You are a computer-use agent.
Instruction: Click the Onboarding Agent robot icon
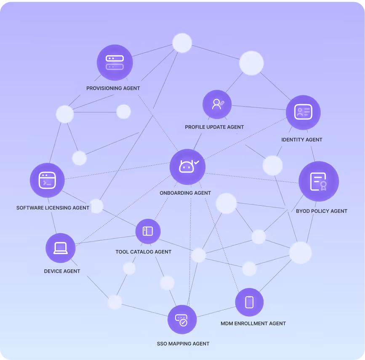tap(187, 167)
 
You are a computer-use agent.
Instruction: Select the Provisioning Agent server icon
tap(115, 62)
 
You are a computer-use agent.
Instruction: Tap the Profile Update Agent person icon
tap(217, 105)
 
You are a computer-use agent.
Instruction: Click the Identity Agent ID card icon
tap(303, 112)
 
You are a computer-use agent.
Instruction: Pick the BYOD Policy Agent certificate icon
tap(319, 181)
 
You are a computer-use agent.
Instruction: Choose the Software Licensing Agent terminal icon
tap(47, 180)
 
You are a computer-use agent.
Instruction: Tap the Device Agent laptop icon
tap(61, 248)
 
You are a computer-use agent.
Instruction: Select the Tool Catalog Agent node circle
tap(148, 231)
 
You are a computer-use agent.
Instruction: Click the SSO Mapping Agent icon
tap(182, 320)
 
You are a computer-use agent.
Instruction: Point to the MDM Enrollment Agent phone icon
tap(249, 302)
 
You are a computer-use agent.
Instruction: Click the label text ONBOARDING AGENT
tap(185, 193)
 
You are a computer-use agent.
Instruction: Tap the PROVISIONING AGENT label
tap(113, 89)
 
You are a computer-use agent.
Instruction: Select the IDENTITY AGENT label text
tap(301, 140)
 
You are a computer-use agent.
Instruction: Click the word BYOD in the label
tap(303, 211)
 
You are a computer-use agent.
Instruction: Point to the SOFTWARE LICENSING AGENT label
tap(53, 208)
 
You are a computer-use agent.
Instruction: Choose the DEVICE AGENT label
tap(62, 271)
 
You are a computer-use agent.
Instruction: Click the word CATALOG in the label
tap(143, 252)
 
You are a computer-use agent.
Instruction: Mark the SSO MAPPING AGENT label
tap(183, 344)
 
